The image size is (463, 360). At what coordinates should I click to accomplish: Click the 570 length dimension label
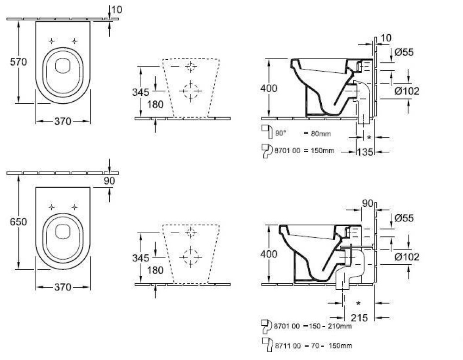19,62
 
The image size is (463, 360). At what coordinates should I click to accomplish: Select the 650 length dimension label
19,222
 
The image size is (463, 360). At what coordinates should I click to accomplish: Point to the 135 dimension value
365,152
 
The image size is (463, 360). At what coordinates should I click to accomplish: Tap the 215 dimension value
359,318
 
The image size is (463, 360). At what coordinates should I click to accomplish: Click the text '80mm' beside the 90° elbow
321,134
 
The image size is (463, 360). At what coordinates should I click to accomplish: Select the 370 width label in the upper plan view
63,121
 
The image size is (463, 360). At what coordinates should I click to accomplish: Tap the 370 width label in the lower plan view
63,287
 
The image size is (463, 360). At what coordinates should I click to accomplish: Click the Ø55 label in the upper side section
404,52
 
